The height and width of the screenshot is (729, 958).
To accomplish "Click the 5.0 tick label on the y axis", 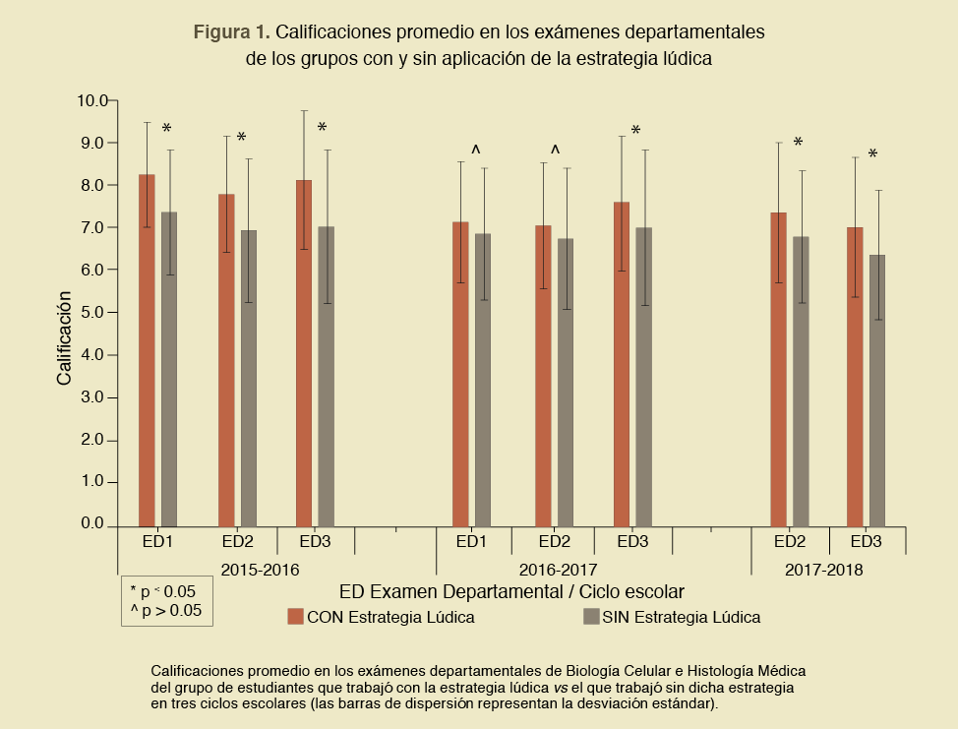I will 92,313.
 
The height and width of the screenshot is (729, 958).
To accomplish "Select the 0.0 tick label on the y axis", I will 92,524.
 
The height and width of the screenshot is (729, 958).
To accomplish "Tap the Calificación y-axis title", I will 64,336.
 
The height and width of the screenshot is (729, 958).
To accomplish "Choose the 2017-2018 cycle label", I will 824,569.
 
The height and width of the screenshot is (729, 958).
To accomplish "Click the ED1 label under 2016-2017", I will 472,542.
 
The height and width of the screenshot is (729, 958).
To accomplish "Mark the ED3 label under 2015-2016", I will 315,542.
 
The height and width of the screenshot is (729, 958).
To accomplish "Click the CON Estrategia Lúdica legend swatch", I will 295,617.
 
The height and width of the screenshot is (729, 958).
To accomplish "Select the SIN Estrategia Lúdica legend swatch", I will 591,617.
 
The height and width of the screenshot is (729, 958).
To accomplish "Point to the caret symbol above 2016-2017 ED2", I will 555,151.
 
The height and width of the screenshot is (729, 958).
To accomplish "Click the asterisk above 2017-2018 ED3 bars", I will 872,155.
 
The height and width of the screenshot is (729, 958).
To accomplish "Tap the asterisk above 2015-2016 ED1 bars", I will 166,130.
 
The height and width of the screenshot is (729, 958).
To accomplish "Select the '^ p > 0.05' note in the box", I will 166,610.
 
